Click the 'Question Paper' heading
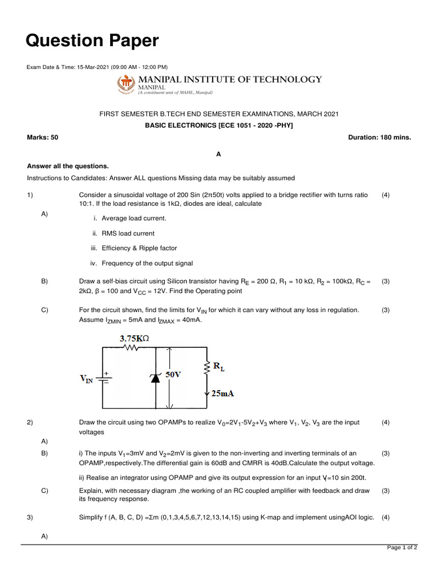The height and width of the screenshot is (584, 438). (x=92, y=40)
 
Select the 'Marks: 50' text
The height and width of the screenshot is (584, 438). (x=43, y=137)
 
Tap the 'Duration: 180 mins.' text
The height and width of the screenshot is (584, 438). (x=379, y=137)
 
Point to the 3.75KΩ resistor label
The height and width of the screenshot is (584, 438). (x=134, y=338)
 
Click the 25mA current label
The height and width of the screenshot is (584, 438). (x=222, y=394)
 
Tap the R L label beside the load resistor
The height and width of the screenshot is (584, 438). (x=218, y=368)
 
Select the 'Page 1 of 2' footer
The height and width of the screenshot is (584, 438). (x=402, y=547)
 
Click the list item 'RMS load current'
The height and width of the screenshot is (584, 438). (x=128, y=233)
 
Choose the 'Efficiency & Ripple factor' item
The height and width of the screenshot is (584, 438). (x=139, y=248)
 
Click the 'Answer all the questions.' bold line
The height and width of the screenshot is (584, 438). (x=68, y=166)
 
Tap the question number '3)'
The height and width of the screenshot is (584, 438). (x=30, y=517)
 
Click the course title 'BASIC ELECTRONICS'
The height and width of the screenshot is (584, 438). (x=182, y=125)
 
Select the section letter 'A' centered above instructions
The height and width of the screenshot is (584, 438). (x=218, y=154)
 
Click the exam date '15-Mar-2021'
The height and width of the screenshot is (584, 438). (x=93, y=67)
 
